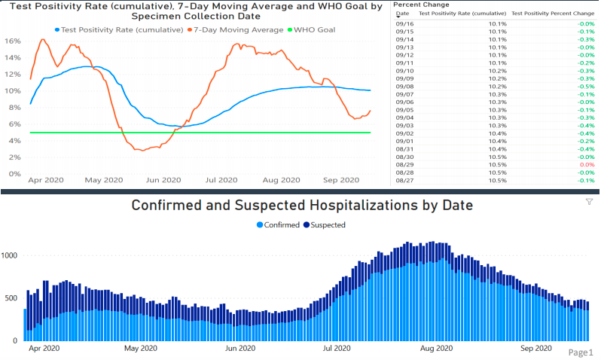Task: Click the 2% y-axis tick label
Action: [x=14, y=157]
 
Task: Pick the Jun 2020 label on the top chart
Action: [x=163, y=180]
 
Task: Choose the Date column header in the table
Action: [x=403, y=14]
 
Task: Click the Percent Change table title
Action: [x=421, y=5]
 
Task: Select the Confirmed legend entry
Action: [x=279, y=225]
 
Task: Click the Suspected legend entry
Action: [x=326, y=225]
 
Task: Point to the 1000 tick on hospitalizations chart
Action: [x=11, y=255]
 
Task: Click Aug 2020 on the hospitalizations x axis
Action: [x=436, y=349]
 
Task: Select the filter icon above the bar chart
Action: [x=589, y=203]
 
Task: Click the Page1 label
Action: [x=581, y=352]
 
